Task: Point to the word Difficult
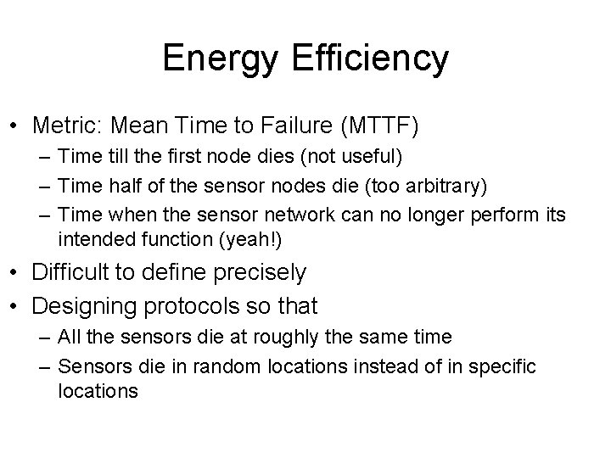point(71,272)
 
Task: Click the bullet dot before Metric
point(16,128)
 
